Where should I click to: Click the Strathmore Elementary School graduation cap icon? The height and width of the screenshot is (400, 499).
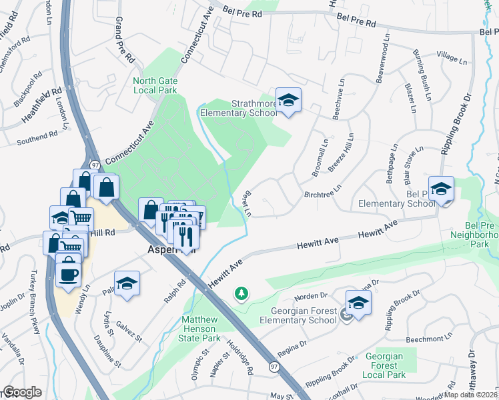tap(288, 101)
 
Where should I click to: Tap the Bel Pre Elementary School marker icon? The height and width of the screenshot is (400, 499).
tap(441, 189)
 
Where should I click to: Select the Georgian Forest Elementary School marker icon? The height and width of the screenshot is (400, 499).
tap(358, 303)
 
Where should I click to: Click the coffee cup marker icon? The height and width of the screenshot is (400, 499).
tap(68, 274)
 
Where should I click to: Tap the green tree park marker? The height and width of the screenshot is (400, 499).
tap(241, 293)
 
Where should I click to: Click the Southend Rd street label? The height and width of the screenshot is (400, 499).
tap(38, 137)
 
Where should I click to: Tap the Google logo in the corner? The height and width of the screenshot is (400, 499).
tap(22, 392)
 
